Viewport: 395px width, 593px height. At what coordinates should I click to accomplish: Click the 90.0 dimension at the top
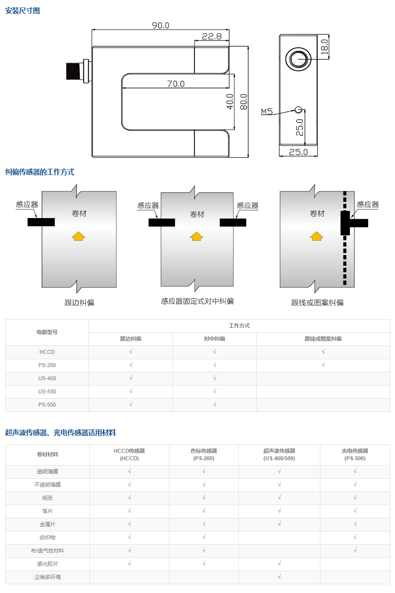(x=160, y=25)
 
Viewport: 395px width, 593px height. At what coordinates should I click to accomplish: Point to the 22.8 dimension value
(x=212, y=36)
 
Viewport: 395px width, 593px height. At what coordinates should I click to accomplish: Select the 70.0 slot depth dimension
(x=176, y=84)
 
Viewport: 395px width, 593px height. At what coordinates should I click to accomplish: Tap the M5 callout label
(x=266, y=112)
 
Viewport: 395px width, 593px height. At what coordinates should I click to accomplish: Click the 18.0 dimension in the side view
(x=324, y=47)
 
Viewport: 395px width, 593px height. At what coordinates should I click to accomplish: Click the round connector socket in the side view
(x=298, y=59)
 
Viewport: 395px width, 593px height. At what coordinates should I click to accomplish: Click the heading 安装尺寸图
(x=22, y=11)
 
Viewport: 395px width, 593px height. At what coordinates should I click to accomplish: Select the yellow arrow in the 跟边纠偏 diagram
(x=78, y=236)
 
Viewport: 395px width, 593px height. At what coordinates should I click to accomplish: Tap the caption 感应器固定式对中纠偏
(x=197, y=301)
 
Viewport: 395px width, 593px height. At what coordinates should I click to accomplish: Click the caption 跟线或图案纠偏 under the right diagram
(x=317, y=302)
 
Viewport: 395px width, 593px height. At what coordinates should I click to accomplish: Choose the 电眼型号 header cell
(x=47, y=332)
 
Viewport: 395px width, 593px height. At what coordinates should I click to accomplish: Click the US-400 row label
(x=47, y=378)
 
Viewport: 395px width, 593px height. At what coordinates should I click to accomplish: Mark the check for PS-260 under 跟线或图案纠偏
(x=323, y=365)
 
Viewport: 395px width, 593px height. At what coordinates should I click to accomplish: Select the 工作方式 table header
(x=239, y=326)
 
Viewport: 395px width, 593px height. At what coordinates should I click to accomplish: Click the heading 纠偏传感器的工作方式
(x=39, y=172)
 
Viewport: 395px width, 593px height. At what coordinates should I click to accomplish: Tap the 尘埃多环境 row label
(x=47, y=577)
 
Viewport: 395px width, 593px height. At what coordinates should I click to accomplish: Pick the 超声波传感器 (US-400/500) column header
(x=279, y=455)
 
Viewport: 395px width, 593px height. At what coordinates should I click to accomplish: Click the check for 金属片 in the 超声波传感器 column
(x=279, y=524)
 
